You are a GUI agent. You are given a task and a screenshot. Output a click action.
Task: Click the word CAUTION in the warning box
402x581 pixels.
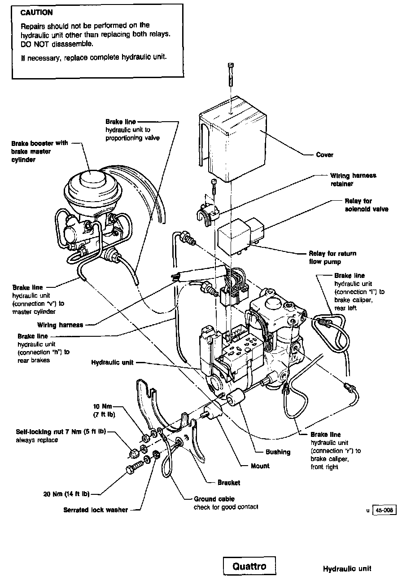pyautogui.click(x=36, y=13)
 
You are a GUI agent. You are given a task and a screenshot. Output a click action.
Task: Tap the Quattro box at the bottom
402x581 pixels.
pyautogui.click(x=249, y=566)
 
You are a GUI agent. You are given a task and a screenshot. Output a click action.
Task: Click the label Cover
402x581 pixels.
pyautogui.click(x=324, y=155)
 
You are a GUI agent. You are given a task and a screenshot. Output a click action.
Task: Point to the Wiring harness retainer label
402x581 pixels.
pyautogui.click(x=353, y=180)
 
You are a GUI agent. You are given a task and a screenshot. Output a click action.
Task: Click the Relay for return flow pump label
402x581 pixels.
pyautogui.click(x=332, y=257)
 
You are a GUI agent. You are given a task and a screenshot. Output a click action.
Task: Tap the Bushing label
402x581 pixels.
pyautogui.click(x=278, y=452)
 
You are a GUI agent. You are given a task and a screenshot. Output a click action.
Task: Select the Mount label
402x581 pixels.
pyautogui.click(x=260, y=466)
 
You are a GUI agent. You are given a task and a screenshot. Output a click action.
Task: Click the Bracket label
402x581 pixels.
pyautogui.click(x=228, y=483)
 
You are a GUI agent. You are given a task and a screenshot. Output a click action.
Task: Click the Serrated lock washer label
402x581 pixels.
pyautogui.click(x=96, y=510)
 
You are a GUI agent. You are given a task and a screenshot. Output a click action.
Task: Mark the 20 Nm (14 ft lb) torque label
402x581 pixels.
pyautogui.click(x=64, y=494)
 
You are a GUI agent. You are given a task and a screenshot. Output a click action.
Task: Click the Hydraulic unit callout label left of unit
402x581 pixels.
pyautogui.click(x=112, y=362)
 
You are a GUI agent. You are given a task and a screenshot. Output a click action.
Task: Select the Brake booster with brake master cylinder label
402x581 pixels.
pyautogui.click(x=39, y=151)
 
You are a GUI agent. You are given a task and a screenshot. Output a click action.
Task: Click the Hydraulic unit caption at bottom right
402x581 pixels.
pyautogui.click(x=347, y=569)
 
